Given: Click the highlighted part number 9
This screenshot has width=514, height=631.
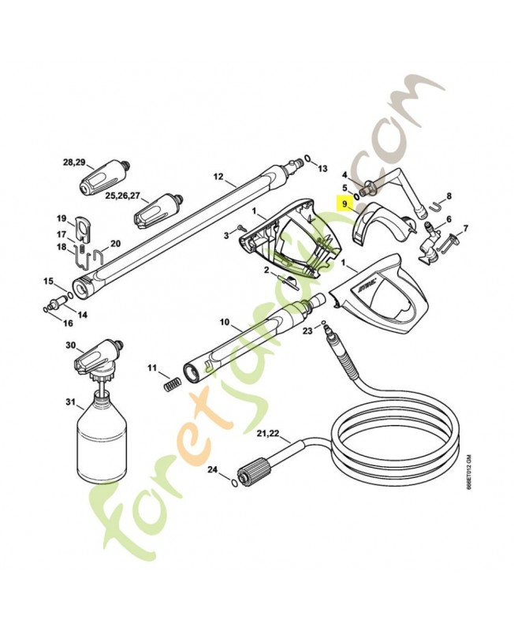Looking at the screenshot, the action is (x=345, y=203).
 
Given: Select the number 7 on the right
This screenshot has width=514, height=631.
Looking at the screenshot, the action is (x=465, y=229).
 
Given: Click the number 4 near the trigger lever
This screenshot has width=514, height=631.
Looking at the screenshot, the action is (x=345, y=174).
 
